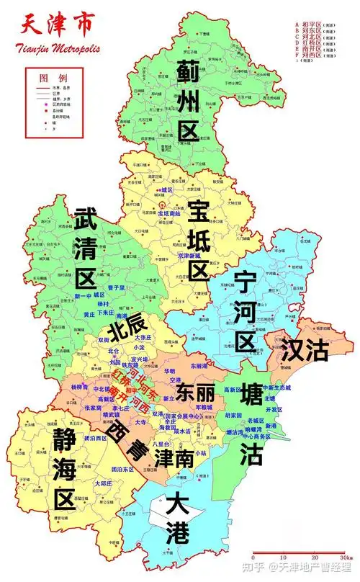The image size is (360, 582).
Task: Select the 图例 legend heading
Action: click(54, 76)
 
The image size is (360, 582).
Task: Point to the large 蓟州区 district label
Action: click(188, 101)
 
